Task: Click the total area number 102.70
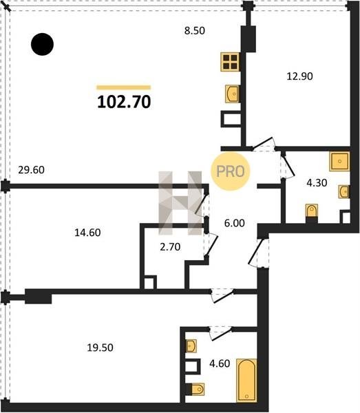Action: [x=124, y=102]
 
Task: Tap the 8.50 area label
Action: [x=195, y=30]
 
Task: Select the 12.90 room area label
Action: [x=299, y=76]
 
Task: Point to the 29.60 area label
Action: [x=32, y=170]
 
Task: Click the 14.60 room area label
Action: [x=87, y=233]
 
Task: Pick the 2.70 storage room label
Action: [x=170, y=247]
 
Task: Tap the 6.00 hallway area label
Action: [x=235, y=223]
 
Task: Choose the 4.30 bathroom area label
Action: [x=317, y=182]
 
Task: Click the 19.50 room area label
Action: [x=100, y=348]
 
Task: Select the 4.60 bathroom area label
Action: [x=220, y=363]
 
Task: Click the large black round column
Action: [x=43, y=44]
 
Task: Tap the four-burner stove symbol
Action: [x=230, y=62]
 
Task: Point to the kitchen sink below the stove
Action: [x=232, y=94]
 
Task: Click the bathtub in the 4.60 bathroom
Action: [x=246, y=381]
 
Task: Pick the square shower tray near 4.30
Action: [x=339, y=161]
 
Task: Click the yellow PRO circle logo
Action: [x=230, y=171]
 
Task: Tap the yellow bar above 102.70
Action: [x=123, y=87]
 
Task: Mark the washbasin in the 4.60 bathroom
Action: [x=191, y=346]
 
